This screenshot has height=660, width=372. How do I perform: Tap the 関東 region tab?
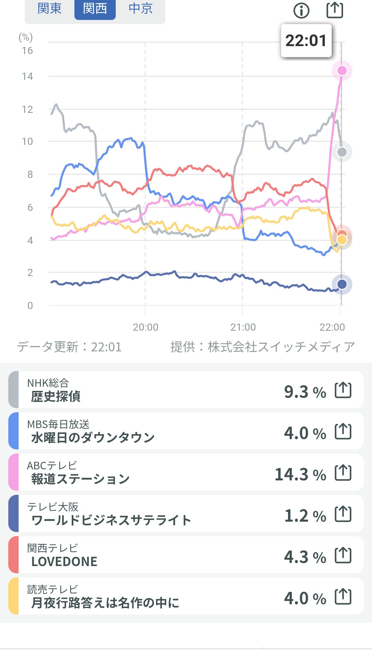pyautogui.click(x=50, y=9)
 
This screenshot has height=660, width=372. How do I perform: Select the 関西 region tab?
pyautogui.click(x=95, y=9)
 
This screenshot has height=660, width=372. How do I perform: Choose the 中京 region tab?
pyautogui.click(x=141, y=9)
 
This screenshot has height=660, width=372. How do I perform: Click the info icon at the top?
pyautogui.click(x=301, y=11)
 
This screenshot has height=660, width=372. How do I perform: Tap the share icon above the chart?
pyautogui.click(x=335, y=10)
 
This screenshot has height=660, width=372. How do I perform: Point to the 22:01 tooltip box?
pyautogui.click(x=306, y=41)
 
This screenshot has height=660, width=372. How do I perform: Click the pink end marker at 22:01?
pyautogui.click(x=342, y=71)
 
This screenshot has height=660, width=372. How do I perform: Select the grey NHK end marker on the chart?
pyautogui.click(x=342, y=152)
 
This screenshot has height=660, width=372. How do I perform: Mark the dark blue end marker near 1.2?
pyautogui.click(x=342, y=284)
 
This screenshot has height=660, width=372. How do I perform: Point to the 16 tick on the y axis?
pyautogui.click(x=28, y=51)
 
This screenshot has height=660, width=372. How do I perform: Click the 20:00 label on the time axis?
pyautogui.click(x=145, y=327)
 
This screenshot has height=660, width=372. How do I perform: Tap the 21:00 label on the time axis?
pyautogui.click(x=243, y=327)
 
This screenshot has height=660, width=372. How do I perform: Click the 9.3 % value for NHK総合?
pyautogui.click(x=305, y=392)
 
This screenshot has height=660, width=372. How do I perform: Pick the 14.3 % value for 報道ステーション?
pyautogui.click(x=300, y=474)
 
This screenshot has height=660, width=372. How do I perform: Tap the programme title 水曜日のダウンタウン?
pyautogui.click(x=93, y=438)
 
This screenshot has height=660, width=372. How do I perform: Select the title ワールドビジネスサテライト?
pyautogui.click(x=111, y=520)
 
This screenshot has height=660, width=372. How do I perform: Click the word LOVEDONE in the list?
pyautogui.click(x=64, y=562)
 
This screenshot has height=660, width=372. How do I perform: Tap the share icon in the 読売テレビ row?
pyautogui.click(x=343, y=597)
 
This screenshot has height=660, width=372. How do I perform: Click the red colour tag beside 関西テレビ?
pyautogui.click(x=13, y=555)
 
